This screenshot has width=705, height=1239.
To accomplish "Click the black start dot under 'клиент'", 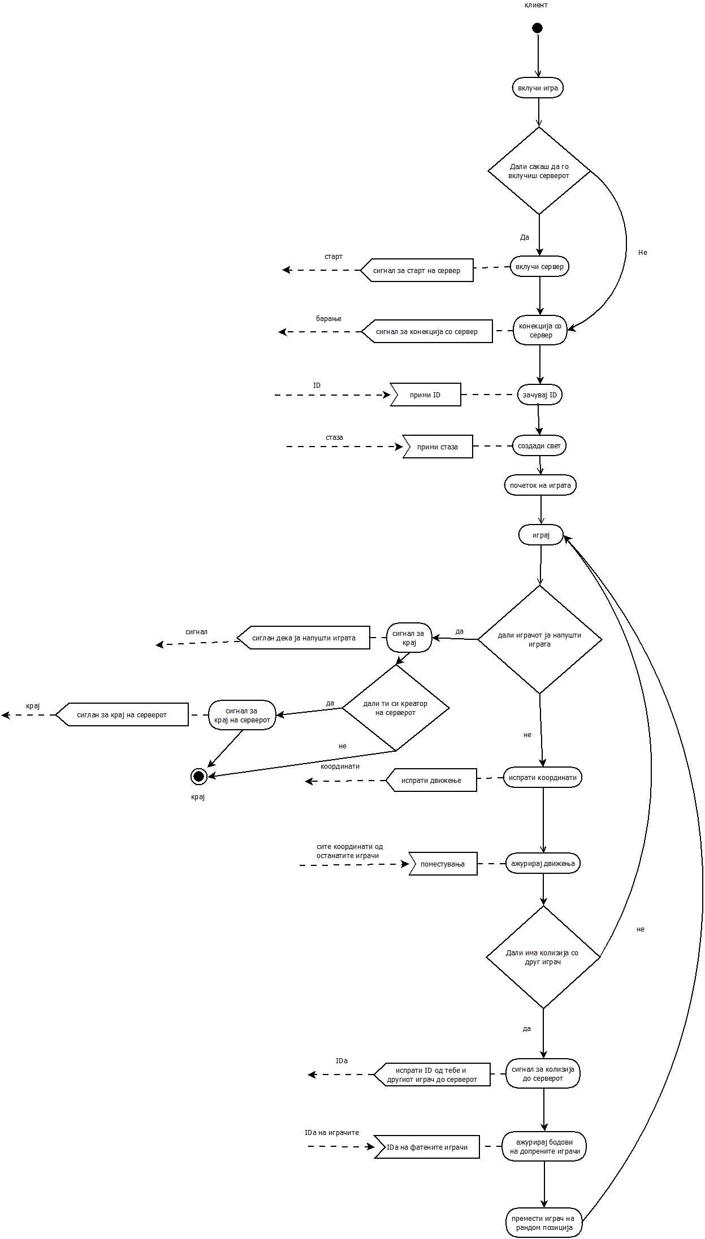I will click(x=537, y=28).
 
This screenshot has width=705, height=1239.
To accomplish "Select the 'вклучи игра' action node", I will click(x=538, y=88).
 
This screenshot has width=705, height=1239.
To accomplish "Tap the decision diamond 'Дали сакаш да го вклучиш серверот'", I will click(x=539, y=171).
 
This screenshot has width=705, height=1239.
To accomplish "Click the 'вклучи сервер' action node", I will click(x=539, y=267).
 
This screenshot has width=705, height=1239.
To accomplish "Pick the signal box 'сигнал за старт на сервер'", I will click(x=417, y=271).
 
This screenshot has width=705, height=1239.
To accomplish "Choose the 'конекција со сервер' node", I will click(x=540, y=331).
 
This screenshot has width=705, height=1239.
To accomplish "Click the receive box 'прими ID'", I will click(x=426, y=395).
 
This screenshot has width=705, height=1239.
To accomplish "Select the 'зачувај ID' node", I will click(x=539, y=395).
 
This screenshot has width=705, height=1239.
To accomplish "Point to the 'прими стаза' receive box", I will click(x=438, y=447).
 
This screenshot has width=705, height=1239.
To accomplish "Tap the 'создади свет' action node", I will click(x=539, y=446).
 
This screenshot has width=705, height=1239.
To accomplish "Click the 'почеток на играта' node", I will click(x=540, y=486).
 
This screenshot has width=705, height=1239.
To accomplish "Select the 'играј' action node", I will click(x=540, y=535).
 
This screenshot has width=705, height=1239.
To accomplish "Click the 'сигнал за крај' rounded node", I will click(x=409, y=638).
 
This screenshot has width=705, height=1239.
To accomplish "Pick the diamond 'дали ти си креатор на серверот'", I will click(x=395, y=708).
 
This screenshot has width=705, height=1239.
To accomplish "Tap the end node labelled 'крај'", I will click(x=198, y=777).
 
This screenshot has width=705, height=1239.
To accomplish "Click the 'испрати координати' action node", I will click(x=542, y=778).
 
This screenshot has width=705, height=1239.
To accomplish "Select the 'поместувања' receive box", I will click(x=443, y=864).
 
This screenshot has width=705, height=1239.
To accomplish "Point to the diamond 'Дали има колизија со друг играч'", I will click(x=543, y=958).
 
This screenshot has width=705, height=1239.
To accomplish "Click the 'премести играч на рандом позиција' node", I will click(x=543, y=1223).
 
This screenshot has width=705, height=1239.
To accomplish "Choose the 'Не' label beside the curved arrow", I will click(x=643, y=253).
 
